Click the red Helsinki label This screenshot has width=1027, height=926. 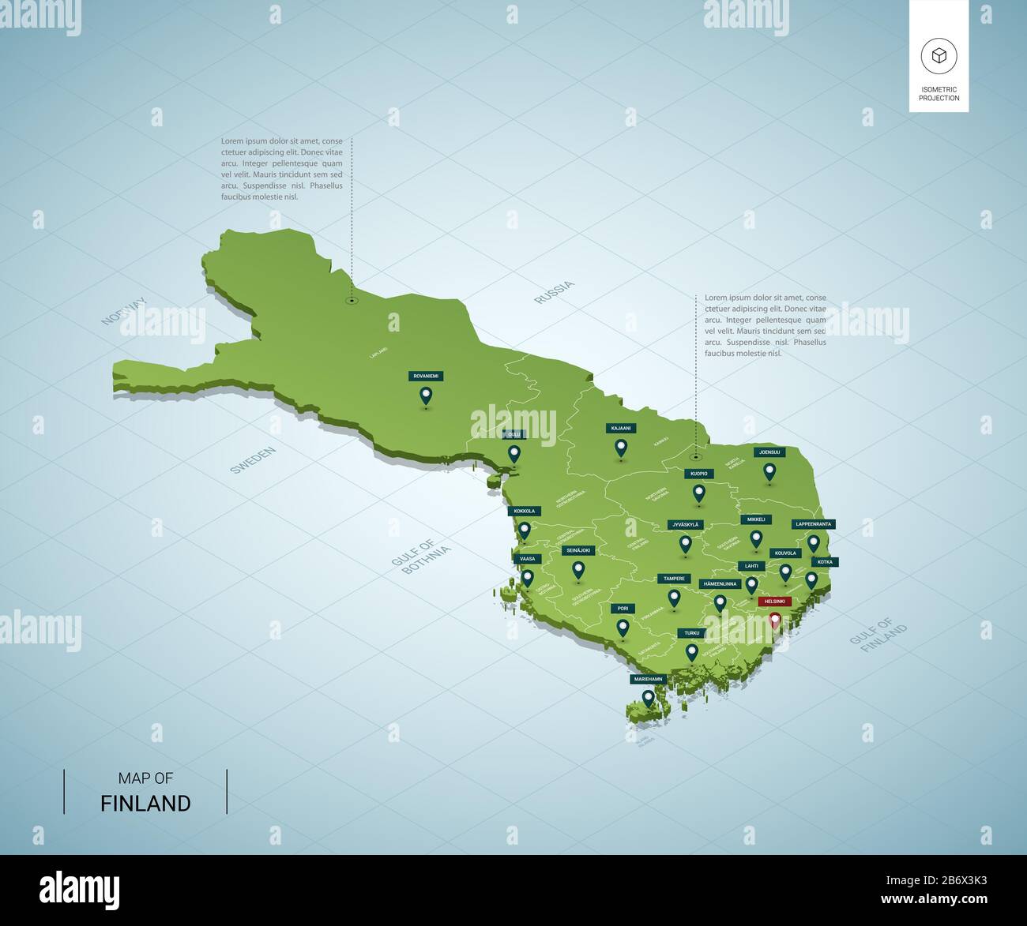[774, 602]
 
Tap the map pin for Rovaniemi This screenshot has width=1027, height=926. [426, 395]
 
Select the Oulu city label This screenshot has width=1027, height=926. [514, 434]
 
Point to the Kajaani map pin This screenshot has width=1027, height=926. [621, 448]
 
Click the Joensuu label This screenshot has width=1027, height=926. [769, 452]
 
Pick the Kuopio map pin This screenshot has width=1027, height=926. [698, 493]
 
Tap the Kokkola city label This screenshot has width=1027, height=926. [524, 511]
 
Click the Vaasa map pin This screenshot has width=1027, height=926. [528, 579]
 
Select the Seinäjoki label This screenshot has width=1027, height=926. [578, 550]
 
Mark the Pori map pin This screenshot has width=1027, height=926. [623, 628]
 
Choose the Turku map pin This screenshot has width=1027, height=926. [692, 652]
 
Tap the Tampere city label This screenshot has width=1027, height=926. [674, 579]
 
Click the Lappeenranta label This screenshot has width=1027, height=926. [813, 524]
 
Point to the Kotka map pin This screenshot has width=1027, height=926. [811, 580]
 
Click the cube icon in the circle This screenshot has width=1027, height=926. [939, 56]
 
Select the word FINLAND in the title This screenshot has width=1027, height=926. [145, 804]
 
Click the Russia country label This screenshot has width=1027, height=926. [554, 292]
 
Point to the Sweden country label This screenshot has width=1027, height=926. [253, 459]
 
